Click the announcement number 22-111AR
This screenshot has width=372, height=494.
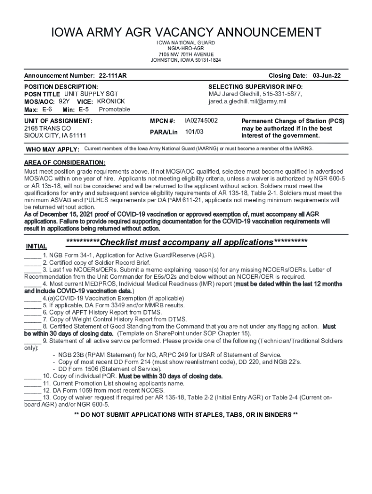[x=113, y=76]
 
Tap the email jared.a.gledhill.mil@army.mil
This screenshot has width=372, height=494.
[x=247, y=102]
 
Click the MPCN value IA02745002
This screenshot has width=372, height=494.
[x=201, y=120]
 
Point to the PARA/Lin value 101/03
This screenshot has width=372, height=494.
[x=195, y=132]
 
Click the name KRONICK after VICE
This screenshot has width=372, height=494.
[x=111, y=101]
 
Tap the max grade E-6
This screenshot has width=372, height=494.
[x=47, y=110]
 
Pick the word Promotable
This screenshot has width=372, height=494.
[x=114, y=110]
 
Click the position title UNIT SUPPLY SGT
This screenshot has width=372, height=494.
[x=91, y=94]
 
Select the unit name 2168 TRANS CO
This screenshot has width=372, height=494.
[x=47, y=128]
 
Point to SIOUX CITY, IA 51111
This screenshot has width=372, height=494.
[x=55, y=136]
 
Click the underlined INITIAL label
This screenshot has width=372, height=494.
[x=36, y=247]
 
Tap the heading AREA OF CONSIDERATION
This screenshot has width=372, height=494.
[x=65, y=163]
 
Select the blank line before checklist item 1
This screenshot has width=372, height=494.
[x=32, y=256]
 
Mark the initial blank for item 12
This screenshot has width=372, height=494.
[x=32, y=391]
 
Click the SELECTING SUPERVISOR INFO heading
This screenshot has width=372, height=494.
[x=256, y=86]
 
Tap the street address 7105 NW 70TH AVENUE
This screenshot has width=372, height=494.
[x=186, y=55]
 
